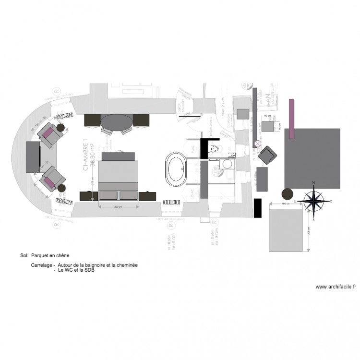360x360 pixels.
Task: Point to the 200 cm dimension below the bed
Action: (117, 207)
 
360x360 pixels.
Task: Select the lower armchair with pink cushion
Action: (52, 178)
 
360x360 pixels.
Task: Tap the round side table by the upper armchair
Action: (61, 128)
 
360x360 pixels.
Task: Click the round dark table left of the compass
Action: (287, 194)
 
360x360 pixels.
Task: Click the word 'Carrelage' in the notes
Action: (41, 265)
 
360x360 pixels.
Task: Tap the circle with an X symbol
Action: (258, 144)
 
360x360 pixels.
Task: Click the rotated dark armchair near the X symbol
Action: (267, 156)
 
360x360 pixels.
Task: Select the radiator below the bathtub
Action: (171, 203)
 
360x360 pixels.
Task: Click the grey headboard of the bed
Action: (120, 156)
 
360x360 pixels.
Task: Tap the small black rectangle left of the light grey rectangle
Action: (257, 209)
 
